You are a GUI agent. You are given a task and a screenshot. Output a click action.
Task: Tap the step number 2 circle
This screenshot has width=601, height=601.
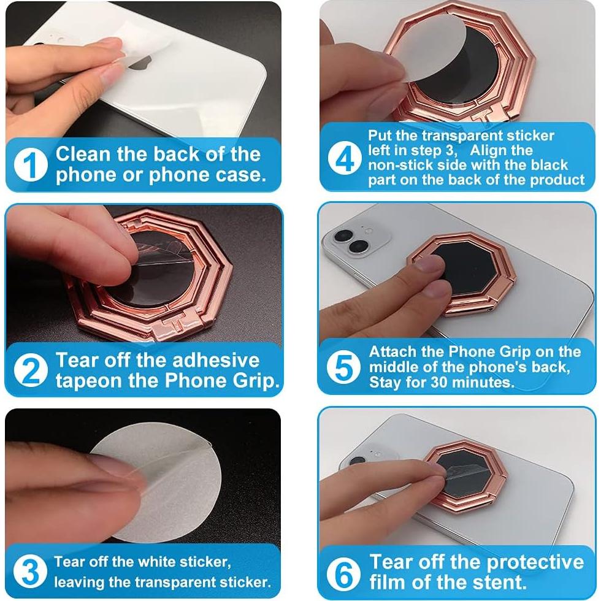click(31, 370)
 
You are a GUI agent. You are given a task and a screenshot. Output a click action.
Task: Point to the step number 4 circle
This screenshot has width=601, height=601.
click(346, 159)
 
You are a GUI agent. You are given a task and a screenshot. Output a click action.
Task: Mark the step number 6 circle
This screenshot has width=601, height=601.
click(343, 572)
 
